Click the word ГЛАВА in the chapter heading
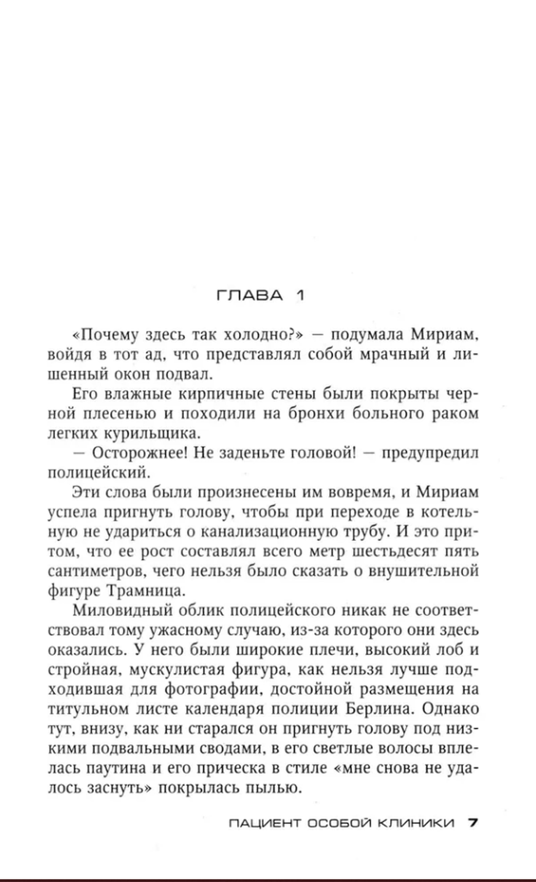pos(250,296)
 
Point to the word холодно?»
pos(264,335)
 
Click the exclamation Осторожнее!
pos(140,454)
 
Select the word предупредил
pos(430,454)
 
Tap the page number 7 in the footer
pos(473,820)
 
